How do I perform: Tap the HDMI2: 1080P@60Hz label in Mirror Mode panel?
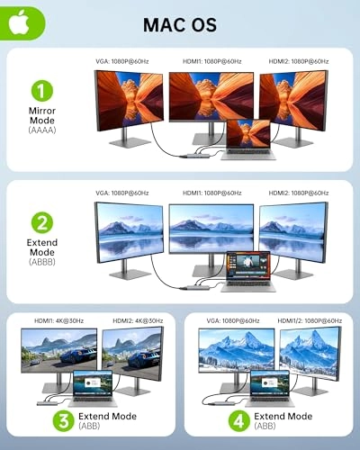click(x=299, y=61)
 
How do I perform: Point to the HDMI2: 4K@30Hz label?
click(x=135, y=321)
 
